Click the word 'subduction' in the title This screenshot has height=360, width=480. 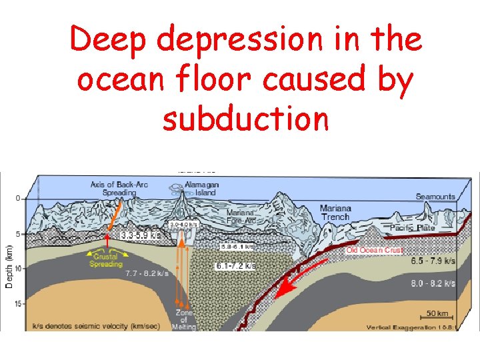[x=245, y=119]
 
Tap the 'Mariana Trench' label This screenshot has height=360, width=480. [x=335, y=213]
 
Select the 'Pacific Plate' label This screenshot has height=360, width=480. [x=412, y=228]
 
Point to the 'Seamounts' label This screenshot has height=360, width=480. [x=435, y=197]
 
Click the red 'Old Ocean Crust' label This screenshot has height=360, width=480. [x=375, y=249]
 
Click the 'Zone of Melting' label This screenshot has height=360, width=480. [x=184, y=319]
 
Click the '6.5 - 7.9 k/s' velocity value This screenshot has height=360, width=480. [x=433, y=261]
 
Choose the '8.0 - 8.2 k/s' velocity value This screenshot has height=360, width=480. [x=433, y=283]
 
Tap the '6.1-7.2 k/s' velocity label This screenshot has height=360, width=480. [x=235, y=266]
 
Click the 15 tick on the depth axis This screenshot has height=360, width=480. [x=18, y=304]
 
